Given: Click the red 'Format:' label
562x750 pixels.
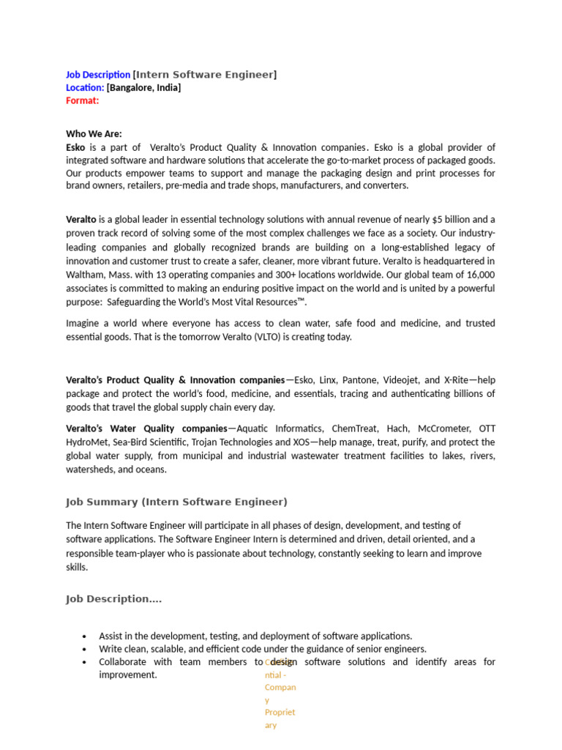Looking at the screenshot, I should pyautogui.click(x=82, y=100).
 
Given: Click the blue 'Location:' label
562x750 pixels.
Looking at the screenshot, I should pyautogui.click(x=85, y=88).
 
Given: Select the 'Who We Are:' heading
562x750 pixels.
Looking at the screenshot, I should pyautogui.click(x=94, y=134).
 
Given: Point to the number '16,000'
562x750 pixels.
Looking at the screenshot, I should pyautogui.click(x=481, y=275).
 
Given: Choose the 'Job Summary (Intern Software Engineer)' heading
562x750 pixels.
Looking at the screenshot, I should pyautogui.click(x=176, y=502).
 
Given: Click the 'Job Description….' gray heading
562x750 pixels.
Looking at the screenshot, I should pyautogui.click(x=113, y=598).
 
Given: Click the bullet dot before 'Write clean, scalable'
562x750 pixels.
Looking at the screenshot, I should pyautogui.click(x=85, y=650).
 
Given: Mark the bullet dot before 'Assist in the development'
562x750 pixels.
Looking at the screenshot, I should pyautogui.click(x=85, y=636).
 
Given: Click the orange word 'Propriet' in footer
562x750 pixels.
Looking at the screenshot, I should pyautogui.click(x=280, y=712).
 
